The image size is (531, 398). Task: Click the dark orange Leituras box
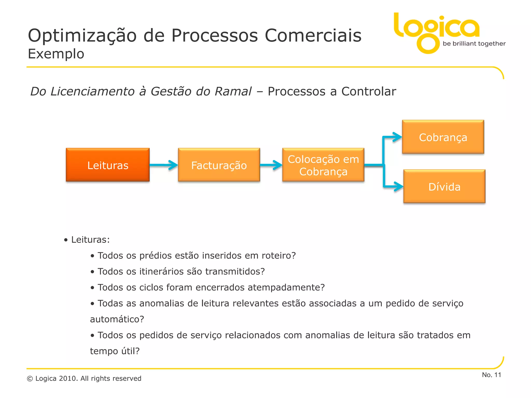coord(108,165)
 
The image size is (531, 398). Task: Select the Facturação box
coord(219,165)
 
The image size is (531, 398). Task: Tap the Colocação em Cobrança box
coord(323,165)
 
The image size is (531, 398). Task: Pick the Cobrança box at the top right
coord(443,137)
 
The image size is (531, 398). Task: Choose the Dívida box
coord(444,186)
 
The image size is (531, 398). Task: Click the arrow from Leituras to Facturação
coord(164,165)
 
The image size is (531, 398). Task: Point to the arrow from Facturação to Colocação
coord(271,165)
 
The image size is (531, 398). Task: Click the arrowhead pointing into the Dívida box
coord(398,186)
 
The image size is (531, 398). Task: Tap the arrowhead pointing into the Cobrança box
coord(397,137)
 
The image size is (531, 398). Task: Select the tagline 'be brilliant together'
coord(474,44)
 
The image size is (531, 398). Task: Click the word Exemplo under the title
coord(56,54)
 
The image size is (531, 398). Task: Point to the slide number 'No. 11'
coord(491,375)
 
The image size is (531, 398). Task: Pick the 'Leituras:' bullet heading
coord(90,240)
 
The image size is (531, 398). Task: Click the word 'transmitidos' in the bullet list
coord(235,271)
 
